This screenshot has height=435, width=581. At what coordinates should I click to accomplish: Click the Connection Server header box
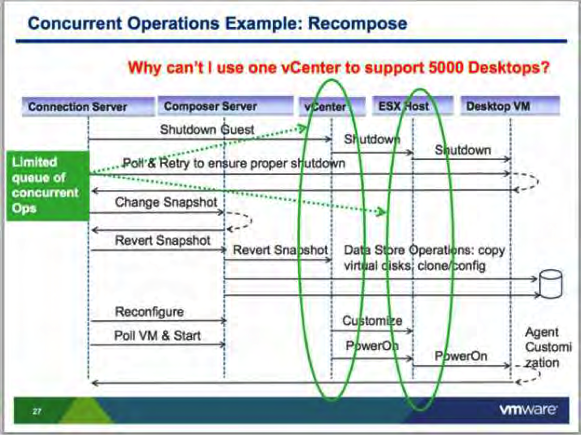88,107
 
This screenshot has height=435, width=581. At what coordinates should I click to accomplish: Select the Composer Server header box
226,106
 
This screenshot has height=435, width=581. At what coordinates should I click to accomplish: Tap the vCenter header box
332,107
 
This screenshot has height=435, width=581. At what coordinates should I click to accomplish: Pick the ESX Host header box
413,106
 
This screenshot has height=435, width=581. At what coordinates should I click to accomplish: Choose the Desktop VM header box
510,106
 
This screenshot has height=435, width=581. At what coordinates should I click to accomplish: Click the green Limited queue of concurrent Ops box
48,186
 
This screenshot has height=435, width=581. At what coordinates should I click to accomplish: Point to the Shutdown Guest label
207,130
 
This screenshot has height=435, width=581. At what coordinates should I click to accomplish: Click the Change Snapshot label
166,202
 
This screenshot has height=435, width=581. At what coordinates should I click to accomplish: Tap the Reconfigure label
149,312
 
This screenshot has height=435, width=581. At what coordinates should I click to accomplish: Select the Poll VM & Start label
157,335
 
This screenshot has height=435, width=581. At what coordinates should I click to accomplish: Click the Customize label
372,321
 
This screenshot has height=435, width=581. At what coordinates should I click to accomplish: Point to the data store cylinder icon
551,284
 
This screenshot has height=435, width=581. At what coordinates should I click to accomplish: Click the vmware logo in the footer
528,410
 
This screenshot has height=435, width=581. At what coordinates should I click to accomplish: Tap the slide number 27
37,411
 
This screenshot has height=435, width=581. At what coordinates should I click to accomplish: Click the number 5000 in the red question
446,67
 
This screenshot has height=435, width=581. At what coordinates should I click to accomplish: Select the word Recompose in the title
358,24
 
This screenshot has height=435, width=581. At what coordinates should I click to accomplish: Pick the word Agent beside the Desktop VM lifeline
542,332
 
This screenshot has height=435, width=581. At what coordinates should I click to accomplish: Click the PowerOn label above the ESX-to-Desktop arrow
461,356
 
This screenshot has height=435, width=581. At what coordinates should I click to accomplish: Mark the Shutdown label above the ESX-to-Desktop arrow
463,150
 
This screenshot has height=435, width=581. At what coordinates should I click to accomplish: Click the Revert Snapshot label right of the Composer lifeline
280,250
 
